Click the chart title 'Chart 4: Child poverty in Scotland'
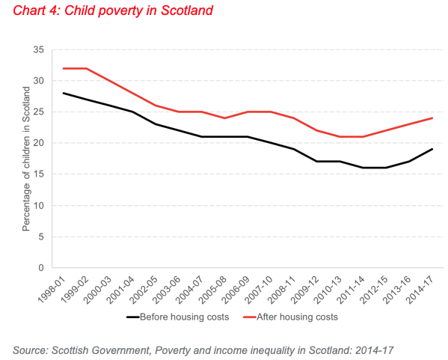click(113, 10)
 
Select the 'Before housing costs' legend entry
click(178, 317)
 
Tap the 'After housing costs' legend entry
click(290, 317)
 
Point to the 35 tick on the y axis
click(39, 49)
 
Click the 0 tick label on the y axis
click(41, 268)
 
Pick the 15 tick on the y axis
click(39, 174)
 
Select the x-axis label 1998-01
click(52, 290)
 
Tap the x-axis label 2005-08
click(213, 290)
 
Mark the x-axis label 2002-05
click(144, 290)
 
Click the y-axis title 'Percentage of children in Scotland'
click(26, 159)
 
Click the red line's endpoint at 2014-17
click(432, 118)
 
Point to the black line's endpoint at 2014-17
click(432, 149)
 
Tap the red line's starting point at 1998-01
click(63, 68)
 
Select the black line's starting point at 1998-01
click(63, 94)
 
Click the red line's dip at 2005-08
click(224, 118)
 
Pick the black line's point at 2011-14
click(363, 168)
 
